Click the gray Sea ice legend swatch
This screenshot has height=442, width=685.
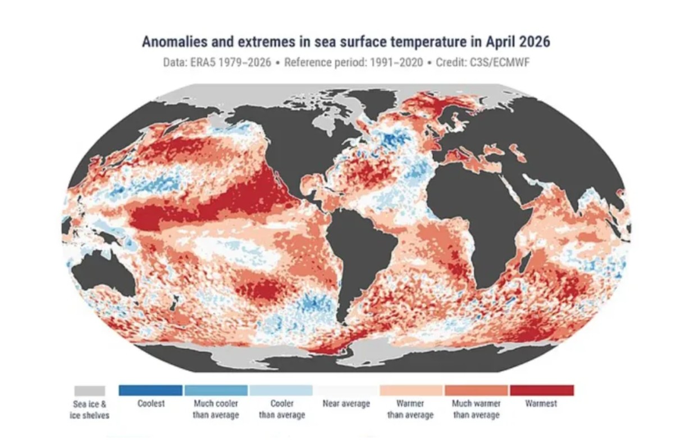[90, 391]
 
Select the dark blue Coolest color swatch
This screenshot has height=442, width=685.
[150, 390]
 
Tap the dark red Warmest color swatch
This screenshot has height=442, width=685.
[542, 390]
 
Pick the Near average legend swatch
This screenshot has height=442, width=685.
[346, 390]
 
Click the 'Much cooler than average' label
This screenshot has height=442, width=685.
[216, 409]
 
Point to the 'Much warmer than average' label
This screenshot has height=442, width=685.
[477, 409]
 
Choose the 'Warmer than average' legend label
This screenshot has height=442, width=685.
[410, 409]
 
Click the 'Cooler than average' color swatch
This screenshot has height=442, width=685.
[281, 390]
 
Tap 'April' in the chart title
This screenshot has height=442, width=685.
[500, 42]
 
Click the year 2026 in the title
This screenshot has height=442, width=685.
[535, 42]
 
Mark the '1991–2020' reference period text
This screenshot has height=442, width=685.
[396, 63]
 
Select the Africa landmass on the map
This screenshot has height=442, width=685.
[483, 214]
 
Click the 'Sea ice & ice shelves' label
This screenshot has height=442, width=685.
[90, 410]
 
